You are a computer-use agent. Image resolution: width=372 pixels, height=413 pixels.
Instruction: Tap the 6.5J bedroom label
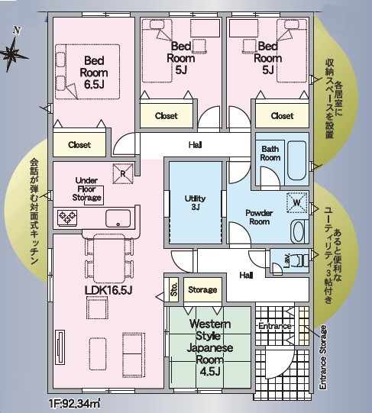[94, 73]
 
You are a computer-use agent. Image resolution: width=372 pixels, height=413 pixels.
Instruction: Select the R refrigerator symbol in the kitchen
[123, 173]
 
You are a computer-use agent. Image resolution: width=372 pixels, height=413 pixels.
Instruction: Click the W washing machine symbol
[297, 202]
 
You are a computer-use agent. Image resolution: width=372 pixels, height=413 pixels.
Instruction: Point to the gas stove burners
[67, 218]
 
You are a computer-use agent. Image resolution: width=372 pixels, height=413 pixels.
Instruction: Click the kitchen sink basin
[118, 218]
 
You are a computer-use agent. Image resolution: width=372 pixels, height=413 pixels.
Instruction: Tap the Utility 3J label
[195, 202]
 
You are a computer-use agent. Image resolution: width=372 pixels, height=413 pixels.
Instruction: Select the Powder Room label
[259, 217]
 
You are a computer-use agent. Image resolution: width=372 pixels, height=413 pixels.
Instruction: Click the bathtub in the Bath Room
[297, 160]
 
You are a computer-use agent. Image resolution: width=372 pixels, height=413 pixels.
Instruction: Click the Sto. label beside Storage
[174, 289]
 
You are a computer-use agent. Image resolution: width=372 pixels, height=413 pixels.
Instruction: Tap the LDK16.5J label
[108, 290]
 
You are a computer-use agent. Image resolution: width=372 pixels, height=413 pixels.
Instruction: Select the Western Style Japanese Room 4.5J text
[210, 347]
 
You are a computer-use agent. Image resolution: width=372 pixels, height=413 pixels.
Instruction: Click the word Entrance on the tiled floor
[274, 326]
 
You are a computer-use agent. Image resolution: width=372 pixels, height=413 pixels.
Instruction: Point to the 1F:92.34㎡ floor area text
[75, 403]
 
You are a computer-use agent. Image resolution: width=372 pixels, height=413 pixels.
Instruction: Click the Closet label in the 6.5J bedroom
[79, 144]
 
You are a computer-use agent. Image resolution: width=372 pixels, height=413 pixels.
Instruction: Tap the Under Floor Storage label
[87, 189]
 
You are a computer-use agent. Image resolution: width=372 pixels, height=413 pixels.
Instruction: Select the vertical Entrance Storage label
[323, 357]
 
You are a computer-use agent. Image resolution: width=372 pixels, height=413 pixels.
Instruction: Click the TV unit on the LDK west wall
[60, 347]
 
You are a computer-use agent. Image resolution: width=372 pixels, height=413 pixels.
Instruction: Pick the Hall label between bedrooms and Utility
[196, 144]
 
